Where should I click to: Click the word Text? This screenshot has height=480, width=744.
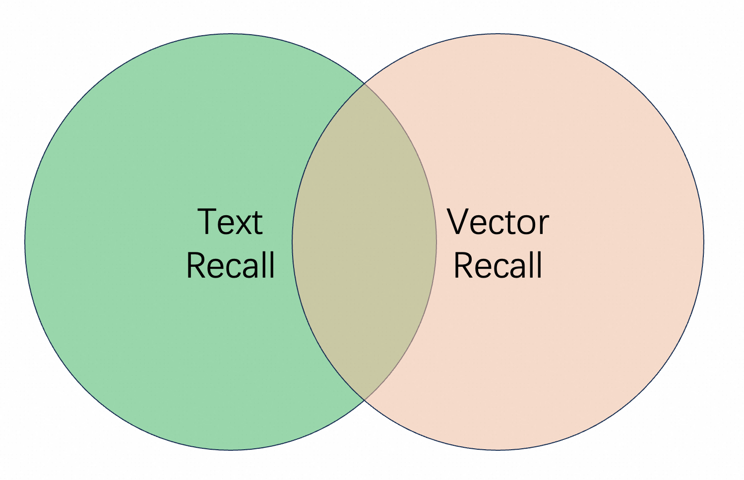[230, 221]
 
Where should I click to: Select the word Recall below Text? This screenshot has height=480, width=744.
[231, 265]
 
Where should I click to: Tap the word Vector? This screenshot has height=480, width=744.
[497, 221]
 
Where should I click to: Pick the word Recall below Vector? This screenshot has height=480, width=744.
[498, 265]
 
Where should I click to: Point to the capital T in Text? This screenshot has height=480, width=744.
[208, 221]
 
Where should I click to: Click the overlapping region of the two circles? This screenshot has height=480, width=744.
[365, 241]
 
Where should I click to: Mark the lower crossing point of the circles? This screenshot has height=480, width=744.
[365, 400]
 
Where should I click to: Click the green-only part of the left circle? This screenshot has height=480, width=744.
[133, 166]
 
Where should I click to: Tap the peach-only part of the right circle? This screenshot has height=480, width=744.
[598, 166]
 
